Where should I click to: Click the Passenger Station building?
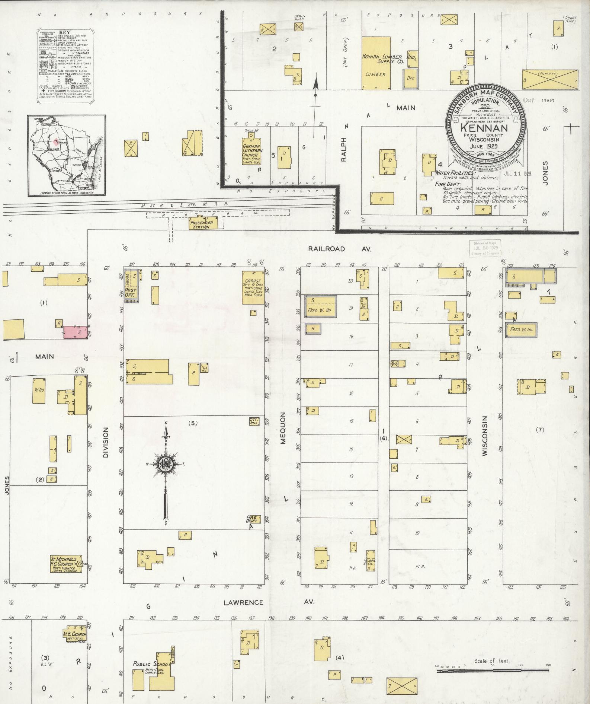(x=201, y=224)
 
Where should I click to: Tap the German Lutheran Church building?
(x=251, y=153)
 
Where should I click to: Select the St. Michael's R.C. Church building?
(x=66, y=564)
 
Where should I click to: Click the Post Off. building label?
(x=131, y=292)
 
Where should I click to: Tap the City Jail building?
(x=254, y=421)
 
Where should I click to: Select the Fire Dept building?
(x=253, y=519)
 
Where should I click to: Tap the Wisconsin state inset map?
(x=66, y=155)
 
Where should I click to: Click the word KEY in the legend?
(x=64, y=32)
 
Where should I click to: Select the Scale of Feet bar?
(x=492, y=670)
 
